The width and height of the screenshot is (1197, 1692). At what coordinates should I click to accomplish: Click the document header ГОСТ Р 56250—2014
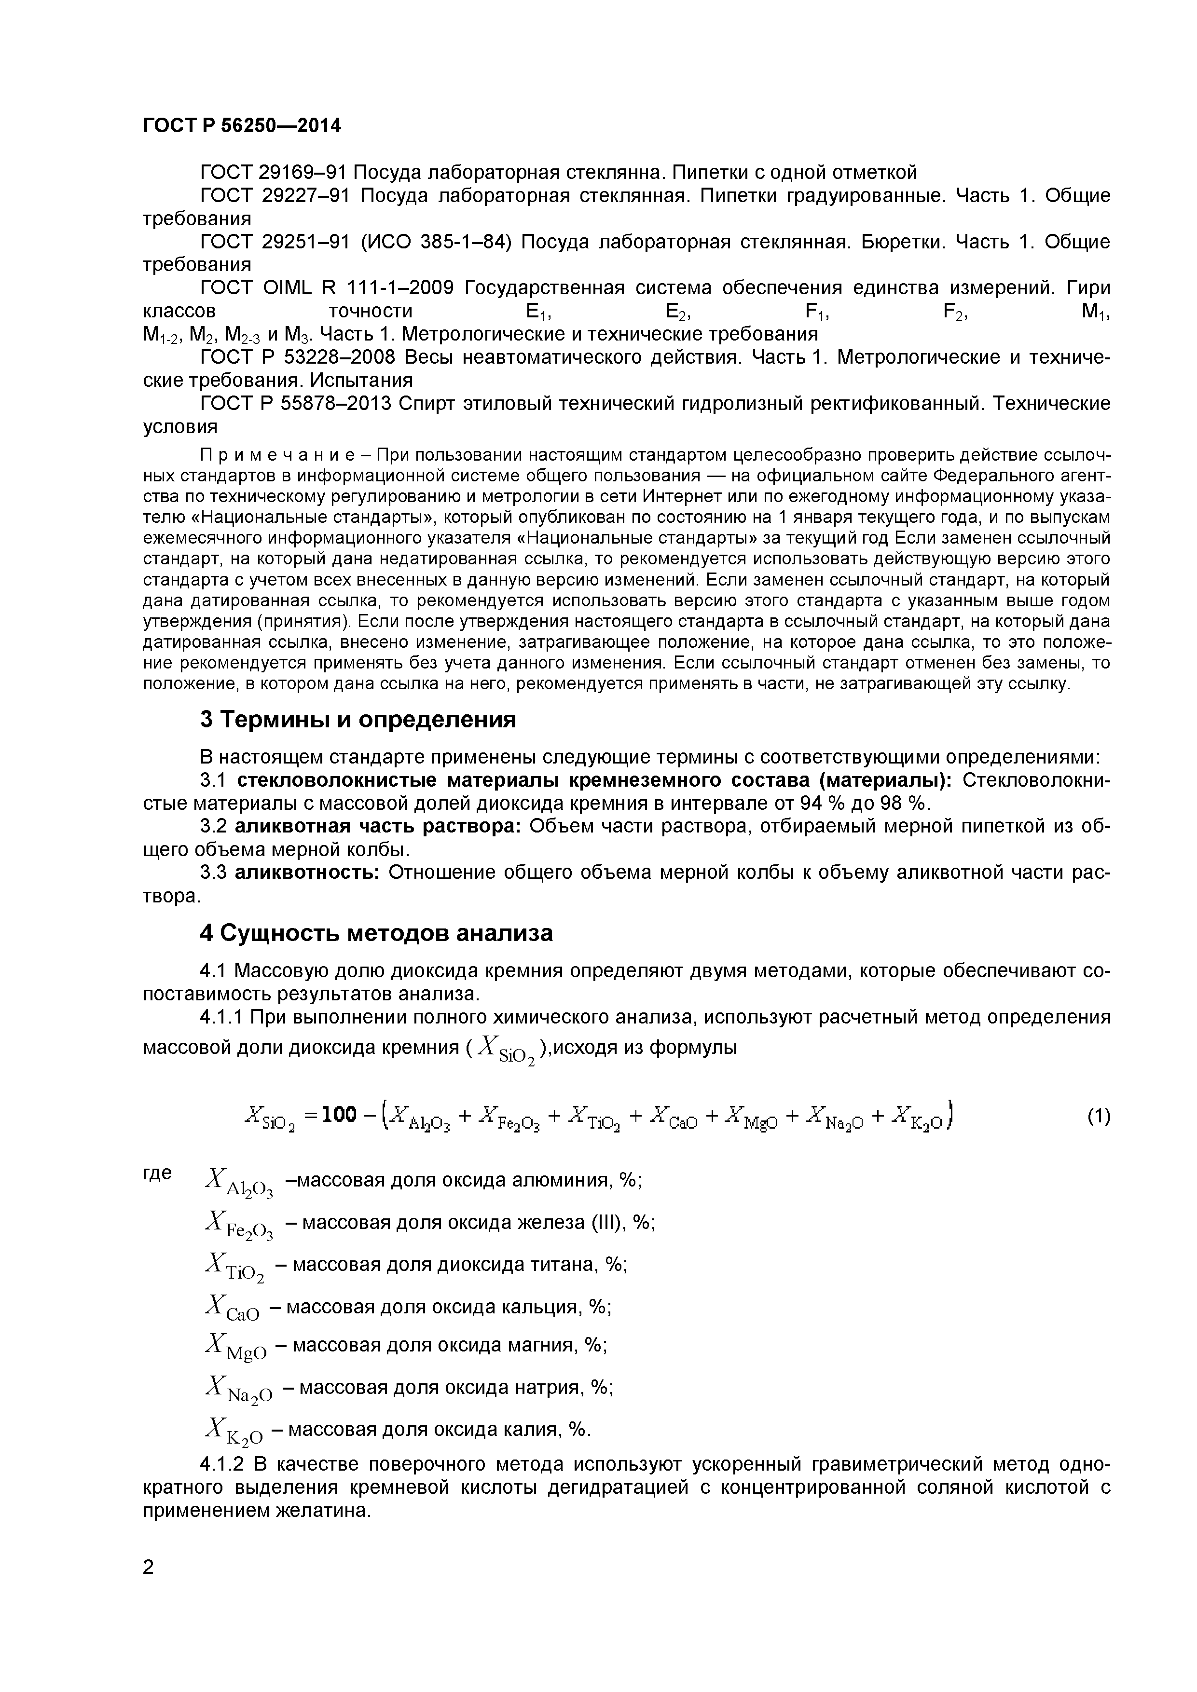pyautogui.click(x=242, y=126)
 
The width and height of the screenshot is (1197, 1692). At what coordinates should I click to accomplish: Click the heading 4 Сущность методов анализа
pyautogui.click(x=376, y=933)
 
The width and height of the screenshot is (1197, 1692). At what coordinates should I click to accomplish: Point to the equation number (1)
pyautogui.click(x=1098, y=1117)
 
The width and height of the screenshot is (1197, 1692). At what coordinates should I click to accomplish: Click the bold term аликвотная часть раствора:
pyautogui.click(x=378, y=827)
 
